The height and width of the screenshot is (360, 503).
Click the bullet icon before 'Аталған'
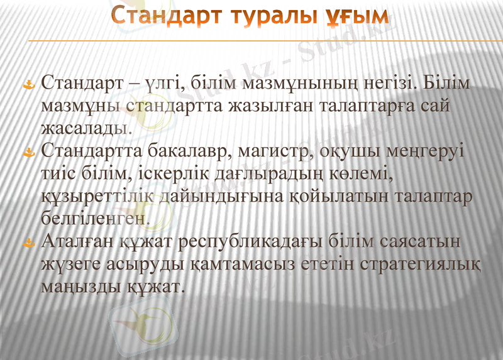pos(27,242)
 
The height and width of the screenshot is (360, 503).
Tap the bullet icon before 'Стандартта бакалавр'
pos(27,153)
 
